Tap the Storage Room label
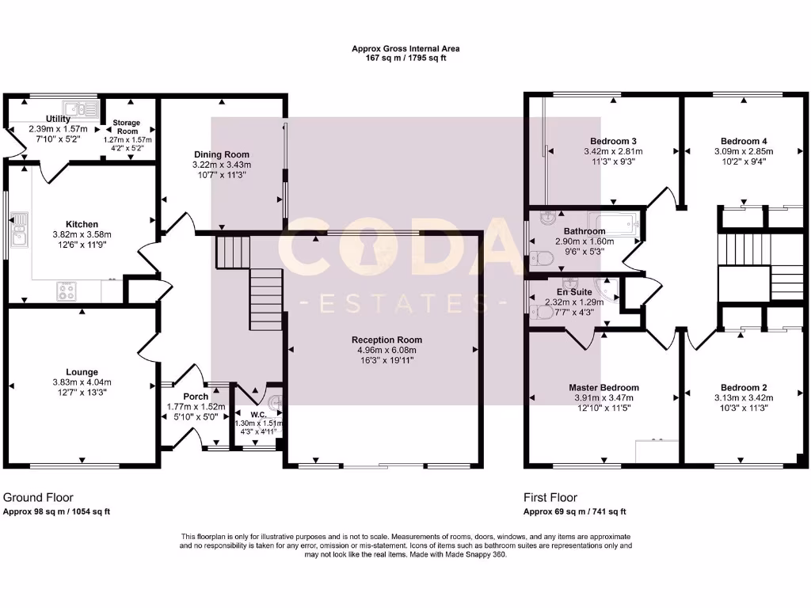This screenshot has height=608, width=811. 125,127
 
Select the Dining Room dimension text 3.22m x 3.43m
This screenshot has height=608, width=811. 221,165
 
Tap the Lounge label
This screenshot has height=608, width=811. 82,371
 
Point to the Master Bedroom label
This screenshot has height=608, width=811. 603,387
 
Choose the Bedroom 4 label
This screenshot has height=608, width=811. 743,141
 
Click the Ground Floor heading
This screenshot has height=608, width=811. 38,498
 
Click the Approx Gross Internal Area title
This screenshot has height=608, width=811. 405,48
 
